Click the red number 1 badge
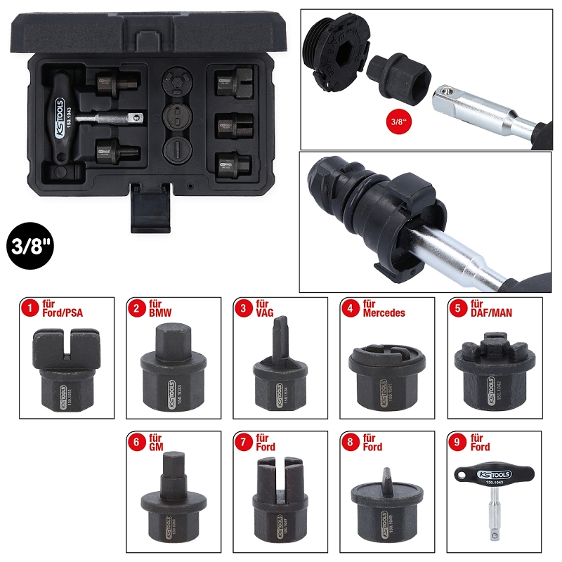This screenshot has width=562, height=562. (29, 308)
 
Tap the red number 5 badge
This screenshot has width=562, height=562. (459, 308)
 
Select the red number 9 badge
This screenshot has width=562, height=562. (459, 442)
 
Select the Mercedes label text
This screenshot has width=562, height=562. (384, 313)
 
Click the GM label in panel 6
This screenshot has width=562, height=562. (156, 447)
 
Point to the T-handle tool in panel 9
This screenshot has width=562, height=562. (496, 492)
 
